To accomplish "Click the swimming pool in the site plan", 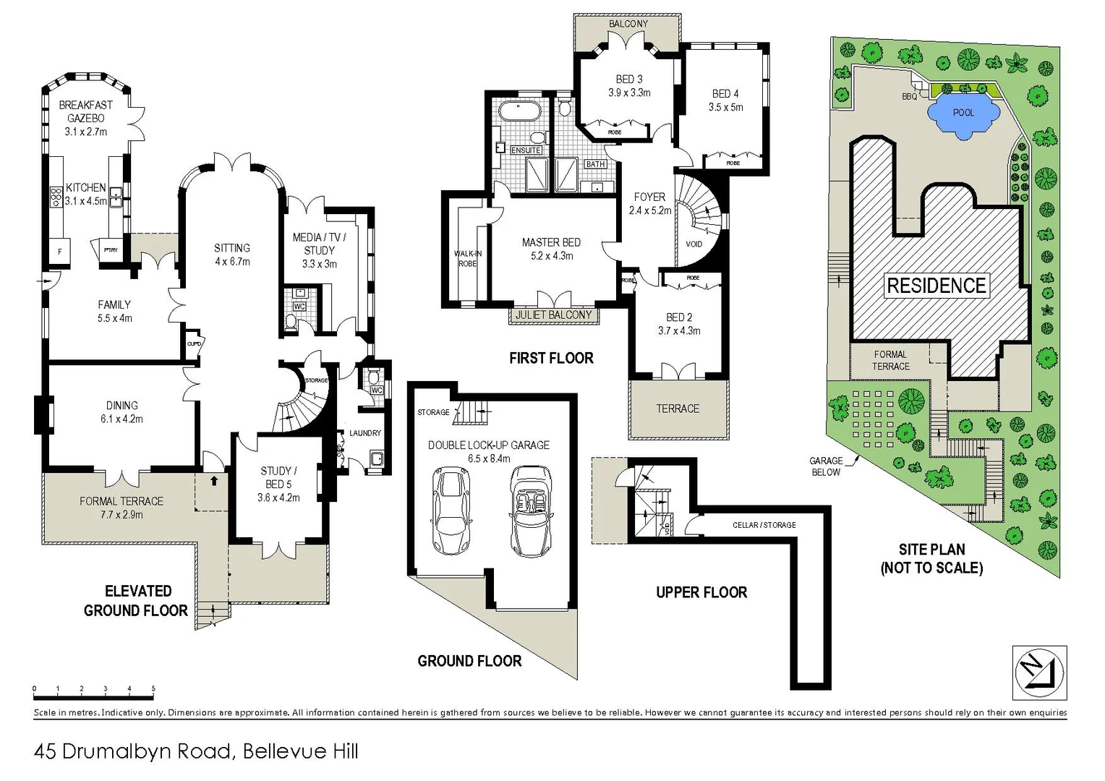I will [963, 114].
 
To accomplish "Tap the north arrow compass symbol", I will [1040, 673].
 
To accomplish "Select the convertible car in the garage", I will [531, 510].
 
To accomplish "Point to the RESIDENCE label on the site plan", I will [937, 286].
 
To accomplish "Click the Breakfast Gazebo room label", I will [86, 111].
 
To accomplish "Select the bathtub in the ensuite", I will [519, 113].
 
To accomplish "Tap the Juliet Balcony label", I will [553, 315].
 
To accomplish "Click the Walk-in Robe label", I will [468, 258].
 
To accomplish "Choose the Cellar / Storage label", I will [764, 525].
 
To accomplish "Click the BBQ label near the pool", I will [909, 96].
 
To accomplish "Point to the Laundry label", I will [364, 433].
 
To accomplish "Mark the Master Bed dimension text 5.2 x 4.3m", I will [551, 256].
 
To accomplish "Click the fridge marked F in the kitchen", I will [59, 252].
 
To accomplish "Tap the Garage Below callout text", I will [825, 466].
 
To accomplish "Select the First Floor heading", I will [551, 358].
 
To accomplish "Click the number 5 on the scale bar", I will [153, 689].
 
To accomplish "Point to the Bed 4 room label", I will [725, 94].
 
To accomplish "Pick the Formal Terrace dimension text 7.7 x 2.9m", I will [121, 515].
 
